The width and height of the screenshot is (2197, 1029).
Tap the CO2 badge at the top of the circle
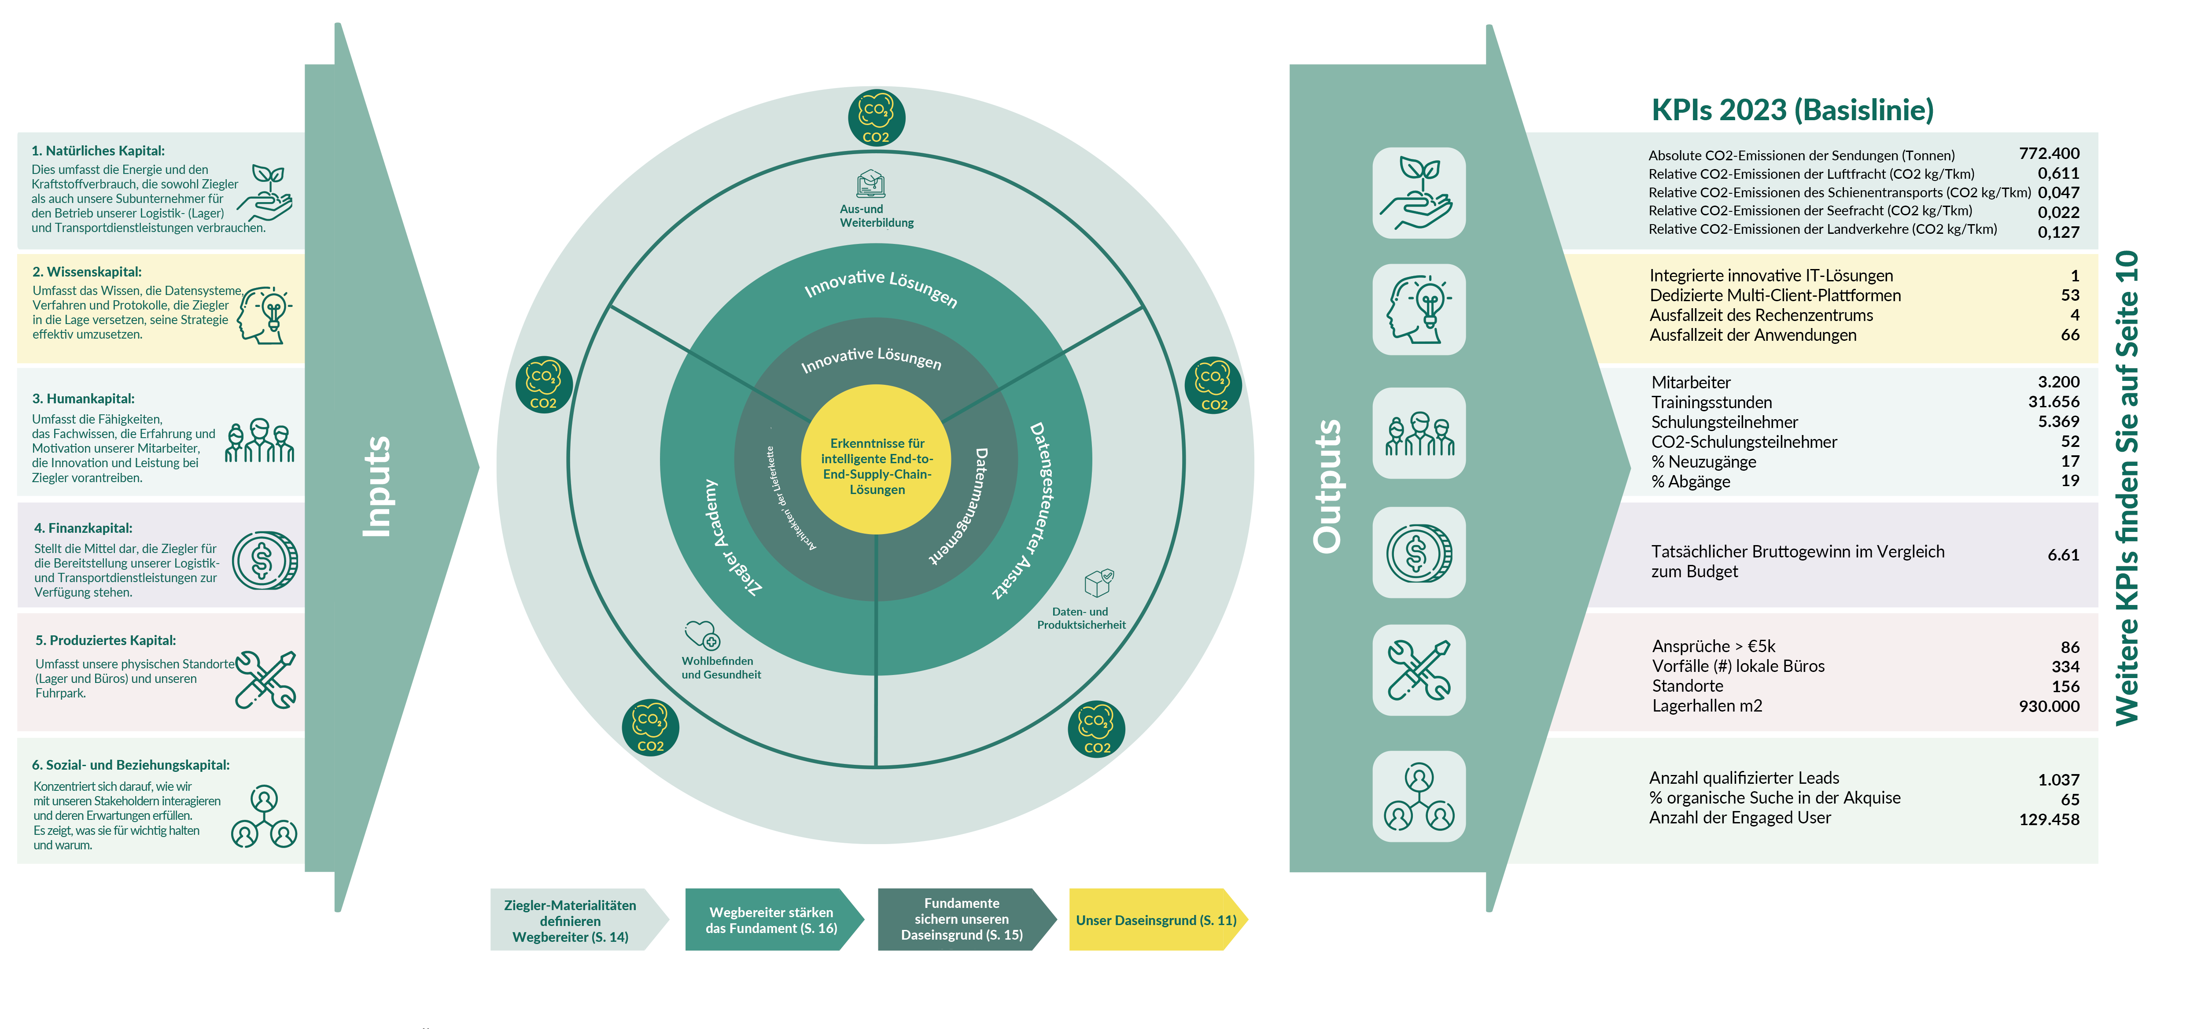pos(876,118)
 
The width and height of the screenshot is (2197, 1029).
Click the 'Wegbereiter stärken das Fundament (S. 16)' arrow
pos(774,920)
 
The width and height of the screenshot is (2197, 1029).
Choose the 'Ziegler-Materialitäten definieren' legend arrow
pos(578,920)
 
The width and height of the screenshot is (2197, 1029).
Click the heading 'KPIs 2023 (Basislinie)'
pos(1792,110)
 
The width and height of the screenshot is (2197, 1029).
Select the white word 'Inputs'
pos(376,487)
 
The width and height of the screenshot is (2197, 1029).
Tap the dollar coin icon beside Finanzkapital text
pos(265,561)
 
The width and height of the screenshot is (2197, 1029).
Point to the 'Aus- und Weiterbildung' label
pos(876,216)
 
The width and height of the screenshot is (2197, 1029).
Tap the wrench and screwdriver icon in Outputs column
pos(1419,671)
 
